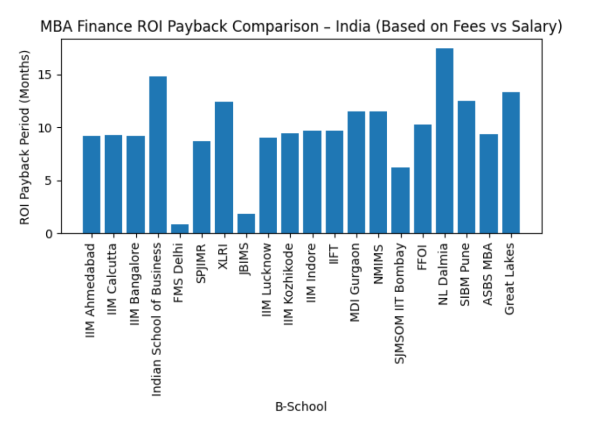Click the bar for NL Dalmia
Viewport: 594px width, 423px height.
(x=444, y=141)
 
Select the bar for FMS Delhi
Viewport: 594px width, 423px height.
(x=180, y=229)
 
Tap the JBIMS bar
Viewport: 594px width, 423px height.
(x=246, y=224)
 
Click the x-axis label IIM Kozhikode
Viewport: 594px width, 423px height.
(x=290, y=284)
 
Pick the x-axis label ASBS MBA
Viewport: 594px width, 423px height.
(x=488, y=275)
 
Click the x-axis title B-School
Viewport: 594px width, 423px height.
(x=301, y=406)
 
